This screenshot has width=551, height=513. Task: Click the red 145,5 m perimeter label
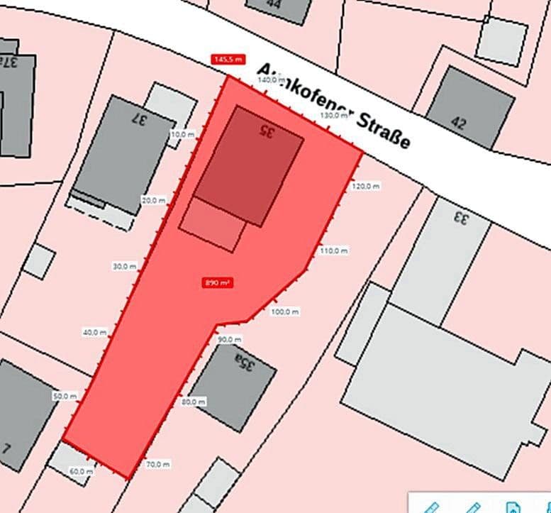[x=227, y=60]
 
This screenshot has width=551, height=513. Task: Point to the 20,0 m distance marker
[x=153, y=200]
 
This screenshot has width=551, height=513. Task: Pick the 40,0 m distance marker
[x=94, y=332]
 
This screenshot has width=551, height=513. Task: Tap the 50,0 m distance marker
[x=65, y=396]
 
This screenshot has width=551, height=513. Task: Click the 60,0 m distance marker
[x=81, y=471]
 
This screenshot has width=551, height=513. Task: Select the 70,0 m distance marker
[x=157, y=465]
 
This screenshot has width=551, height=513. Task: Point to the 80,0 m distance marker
[x=193, y=402]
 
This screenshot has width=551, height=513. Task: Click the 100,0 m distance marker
[x=285, y=311]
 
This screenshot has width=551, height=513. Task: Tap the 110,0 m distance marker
[x=334, y=251]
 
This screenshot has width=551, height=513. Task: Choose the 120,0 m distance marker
[x=366, y=186]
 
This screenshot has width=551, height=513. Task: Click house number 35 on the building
[x=265, y=131]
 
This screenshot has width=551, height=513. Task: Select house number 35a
[x=245, y=365]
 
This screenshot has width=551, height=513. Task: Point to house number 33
[x=461, y=218]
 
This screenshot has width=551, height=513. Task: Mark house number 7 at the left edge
[x=7, y=448]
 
